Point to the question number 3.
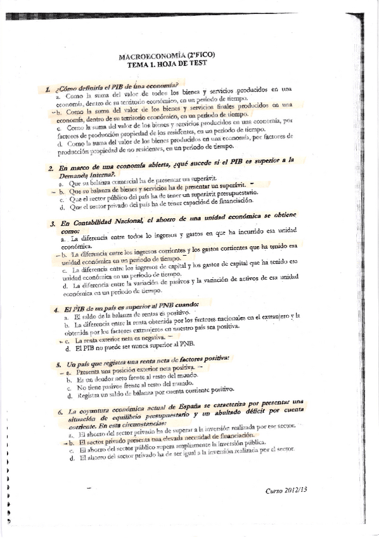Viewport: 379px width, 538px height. click(x=51, y=224)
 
